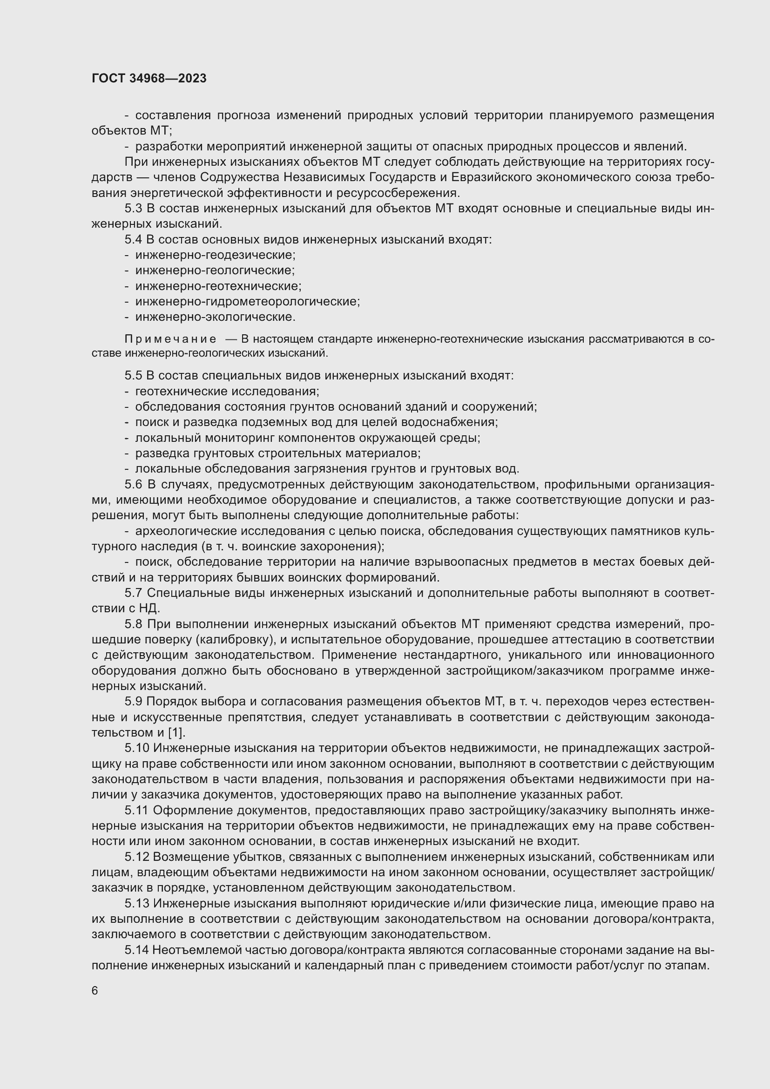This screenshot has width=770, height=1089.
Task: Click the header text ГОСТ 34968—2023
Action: (x=149, y=79)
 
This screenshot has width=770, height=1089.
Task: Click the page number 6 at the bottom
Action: (x=95, y=990)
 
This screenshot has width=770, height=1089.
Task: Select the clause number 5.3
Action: (x=133, y=208)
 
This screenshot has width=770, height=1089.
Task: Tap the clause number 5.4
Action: (x=133, y=239)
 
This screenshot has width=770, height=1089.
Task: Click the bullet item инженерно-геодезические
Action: (x=215, y=255)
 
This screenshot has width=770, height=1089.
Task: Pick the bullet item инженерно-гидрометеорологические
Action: (x=247, y=302)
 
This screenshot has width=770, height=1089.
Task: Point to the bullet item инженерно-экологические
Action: (x=215, y=317)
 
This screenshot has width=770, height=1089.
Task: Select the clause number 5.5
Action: (x=133, y=376)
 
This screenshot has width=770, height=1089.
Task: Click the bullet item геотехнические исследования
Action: (x=227, y=391)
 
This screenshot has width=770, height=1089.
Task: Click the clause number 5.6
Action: (x=133, y=484)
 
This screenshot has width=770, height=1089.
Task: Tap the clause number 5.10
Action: (x=136, y=748)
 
